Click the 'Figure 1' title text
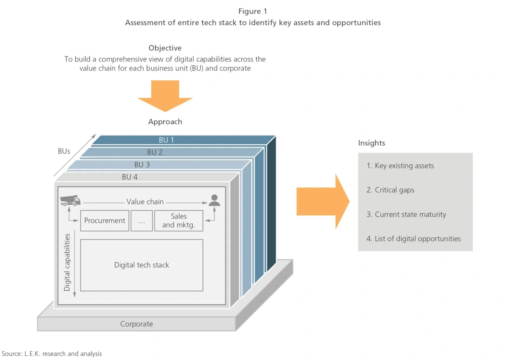pos(253,11)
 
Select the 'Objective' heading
pos(165,48)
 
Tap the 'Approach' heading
pos(165,122)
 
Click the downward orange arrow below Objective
pos(165,95)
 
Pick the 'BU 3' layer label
pos(142,164)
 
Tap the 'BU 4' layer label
pos(130,177)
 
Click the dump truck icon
pos(70,200)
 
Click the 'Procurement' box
pos(105,221)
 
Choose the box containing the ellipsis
pos(142,221)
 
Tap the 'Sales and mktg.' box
pos(179,221)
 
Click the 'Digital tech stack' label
pos(142,265)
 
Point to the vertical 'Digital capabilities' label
pos(67,262)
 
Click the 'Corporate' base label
pos(136,324)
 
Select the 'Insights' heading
pos(371,143)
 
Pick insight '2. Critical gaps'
pos(390,190)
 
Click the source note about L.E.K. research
pos(51,354)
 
